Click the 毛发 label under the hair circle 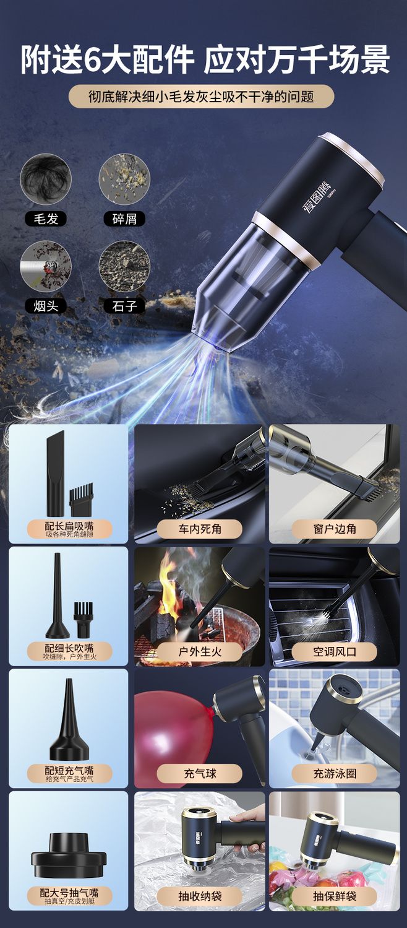coord(46,219)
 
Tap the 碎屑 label coord(124,219)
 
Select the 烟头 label coord(46,306)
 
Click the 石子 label coord(124,306)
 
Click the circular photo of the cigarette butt coord(46,267)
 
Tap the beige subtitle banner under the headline coord(201,97)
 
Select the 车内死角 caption coord(200,529)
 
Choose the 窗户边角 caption coord(335,529)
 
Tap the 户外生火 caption coord(200,652)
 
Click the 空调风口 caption coord(335,652)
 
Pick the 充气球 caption coord(200,773)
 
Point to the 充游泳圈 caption coord(335,773)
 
